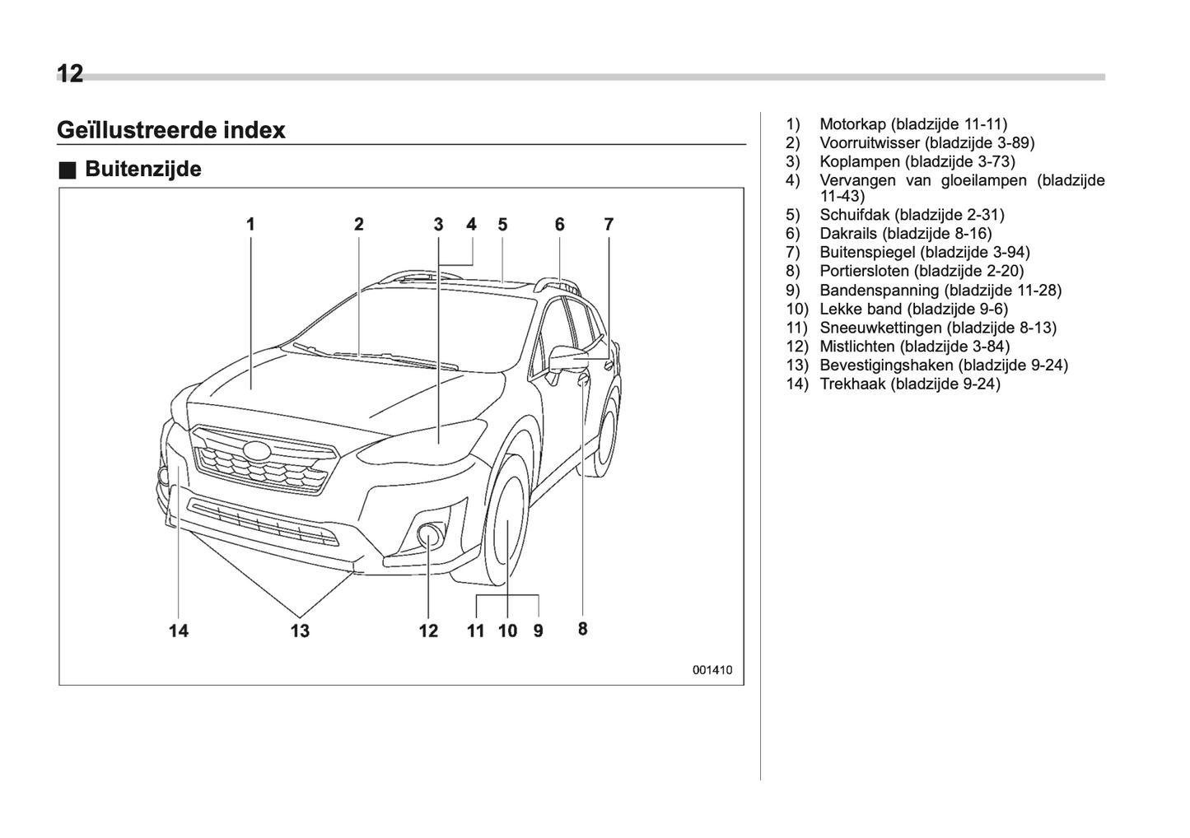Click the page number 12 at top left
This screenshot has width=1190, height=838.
(x=70, y=74)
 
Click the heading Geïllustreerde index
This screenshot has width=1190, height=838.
(x=171, y=130)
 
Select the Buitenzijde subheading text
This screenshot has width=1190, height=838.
(x=143, y=170)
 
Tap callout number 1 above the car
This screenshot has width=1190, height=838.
(x=250, y=224)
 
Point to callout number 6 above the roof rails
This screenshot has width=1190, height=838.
(x=559, y=224)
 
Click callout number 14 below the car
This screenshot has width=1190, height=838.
(x=179, y=631)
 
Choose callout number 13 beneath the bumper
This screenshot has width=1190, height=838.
(x=300, y=631)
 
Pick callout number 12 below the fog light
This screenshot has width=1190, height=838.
(x=428, y=631)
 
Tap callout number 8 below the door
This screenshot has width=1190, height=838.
(x=582, y=629)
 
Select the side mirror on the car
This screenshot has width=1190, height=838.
(x=567, y=360)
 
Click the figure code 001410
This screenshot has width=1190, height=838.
(x=712, y=670)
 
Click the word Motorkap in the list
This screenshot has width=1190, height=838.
(x=852, y=124)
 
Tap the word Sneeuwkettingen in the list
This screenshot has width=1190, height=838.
(x=880, y=328)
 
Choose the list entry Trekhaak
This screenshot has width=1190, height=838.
(x=852, y=384)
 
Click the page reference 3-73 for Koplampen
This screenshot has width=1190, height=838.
(x=996, y=161)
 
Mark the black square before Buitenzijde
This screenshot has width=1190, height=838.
(x=68, y=170)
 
